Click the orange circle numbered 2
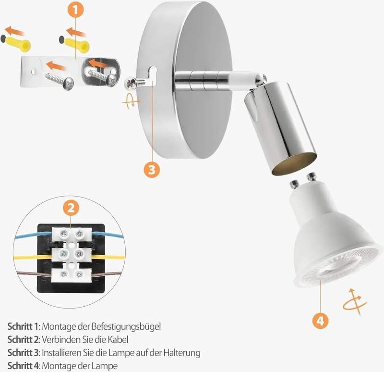(x=71, y=208)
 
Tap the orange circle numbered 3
(x=152, y=169)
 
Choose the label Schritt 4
(x=23, y=366)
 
